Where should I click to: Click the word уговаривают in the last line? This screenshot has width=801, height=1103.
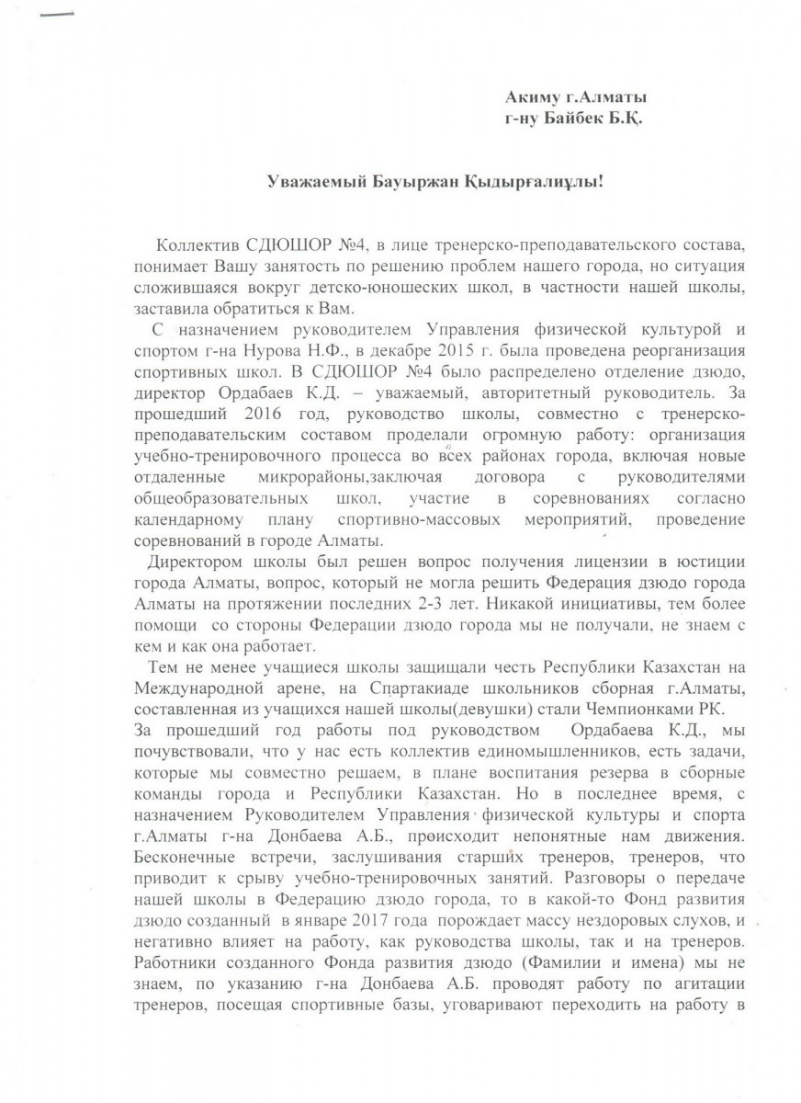point(490,1018)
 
